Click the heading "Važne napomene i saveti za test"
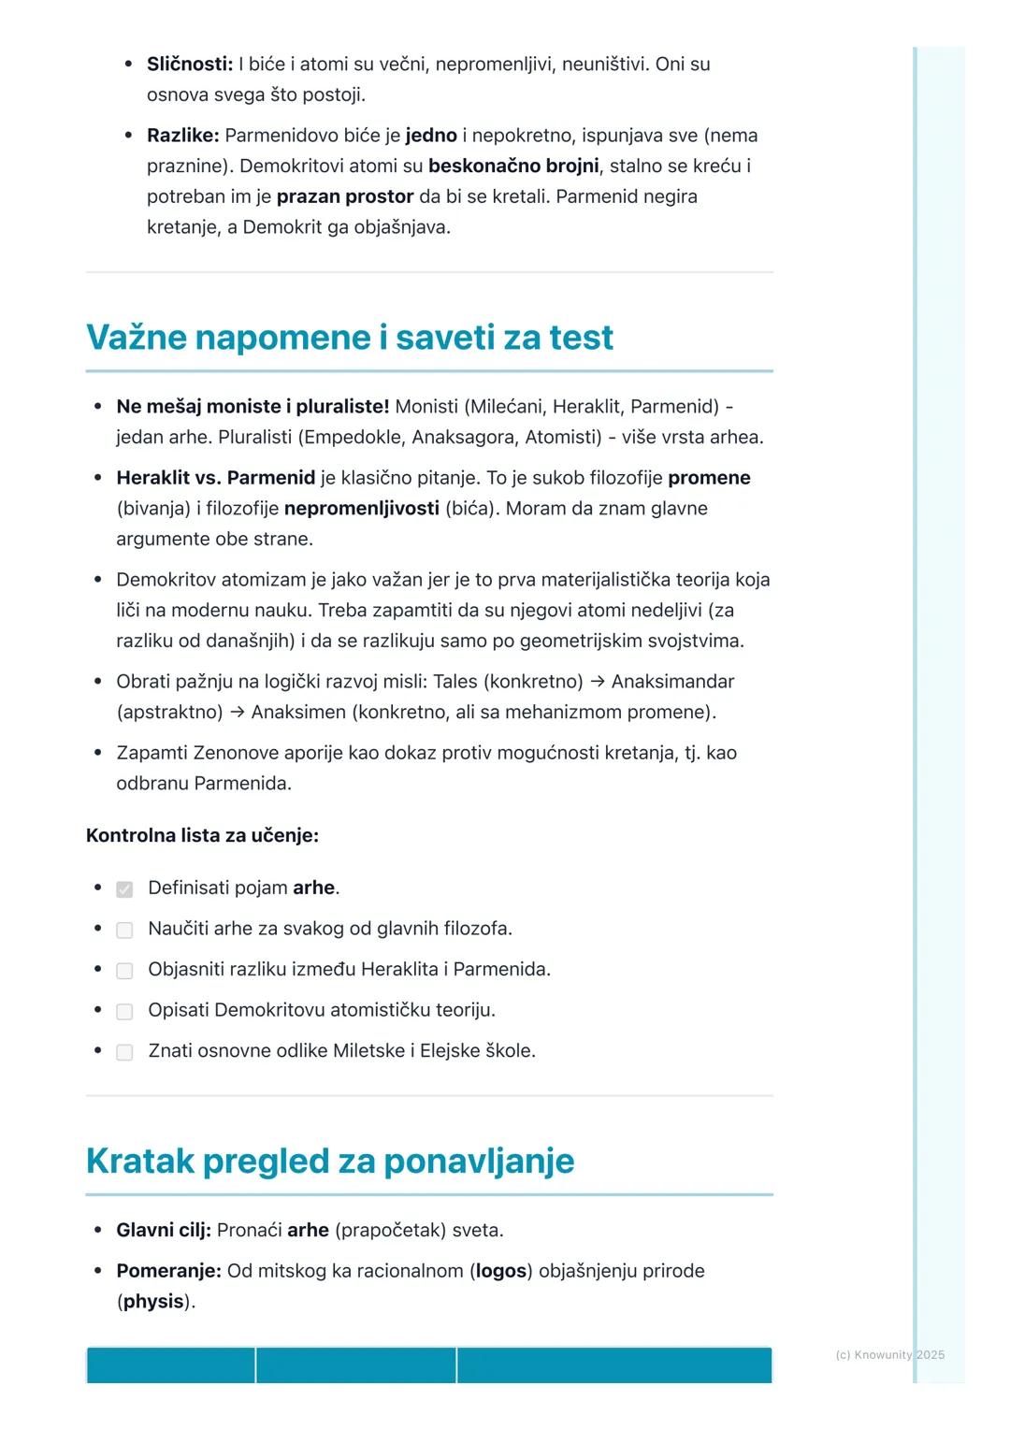[349, 338]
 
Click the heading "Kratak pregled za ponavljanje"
[329, 1162]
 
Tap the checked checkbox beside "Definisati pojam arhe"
[124, 888]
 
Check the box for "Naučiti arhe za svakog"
[124, 930]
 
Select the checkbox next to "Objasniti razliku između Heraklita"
[124, 971]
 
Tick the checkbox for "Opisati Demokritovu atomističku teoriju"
[124, 1011]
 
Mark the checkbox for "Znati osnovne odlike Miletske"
[124, 1052]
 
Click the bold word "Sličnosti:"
[190, 65]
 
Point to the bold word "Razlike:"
[182, 136]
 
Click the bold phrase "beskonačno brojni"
[513, 166]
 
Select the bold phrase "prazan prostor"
[345, 197]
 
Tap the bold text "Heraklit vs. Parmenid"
[215, 478]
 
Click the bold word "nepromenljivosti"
[361, 509]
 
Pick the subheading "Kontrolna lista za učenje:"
[202, 836]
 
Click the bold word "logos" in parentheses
[501, 1271]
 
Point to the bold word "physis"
[153, 1302]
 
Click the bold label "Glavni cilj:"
[164, 1231]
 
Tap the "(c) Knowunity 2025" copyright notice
[889, 1355]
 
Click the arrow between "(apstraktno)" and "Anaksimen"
[238, 713]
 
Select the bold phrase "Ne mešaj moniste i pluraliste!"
[252, 407]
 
